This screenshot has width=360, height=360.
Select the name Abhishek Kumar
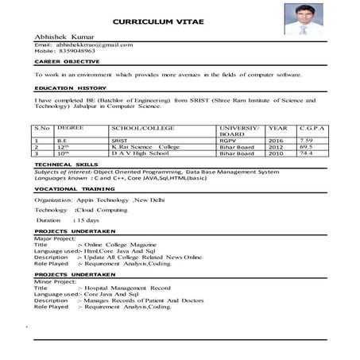63,37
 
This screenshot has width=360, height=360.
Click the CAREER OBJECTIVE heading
67,61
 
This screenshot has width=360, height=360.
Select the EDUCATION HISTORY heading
70,88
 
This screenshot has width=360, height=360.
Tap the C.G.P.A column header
311,127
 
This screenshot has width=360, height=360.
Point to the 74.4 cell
307,154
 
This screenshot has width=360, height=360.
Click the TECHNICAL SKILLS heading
64,165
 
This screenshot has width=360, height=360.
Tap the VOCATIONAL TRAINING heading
69,189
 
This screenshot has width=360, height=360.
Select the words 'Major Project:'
52,238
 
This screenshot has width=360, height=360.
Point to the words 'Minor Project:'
52,281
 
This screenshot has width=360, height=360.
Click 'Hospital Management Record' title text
126,288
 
